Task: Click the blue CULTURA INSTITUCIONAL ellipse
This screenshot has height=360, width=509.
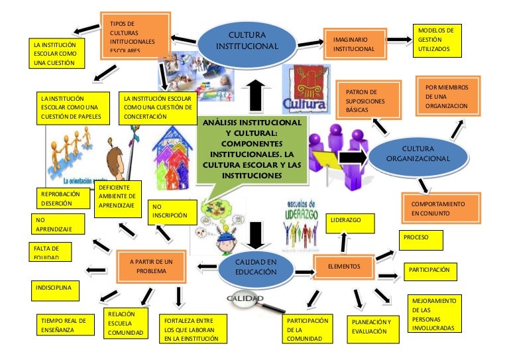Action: (x=247, y=40)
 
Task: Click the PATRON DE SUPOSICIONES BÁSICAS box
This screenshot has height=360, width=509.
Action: (x=370, y=99)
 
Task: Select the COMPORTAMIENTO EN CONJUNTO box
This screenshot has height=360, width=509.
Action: (x=441, y=208)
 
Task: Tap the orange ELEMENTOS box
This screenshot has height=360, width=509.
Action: (x=343, y=267)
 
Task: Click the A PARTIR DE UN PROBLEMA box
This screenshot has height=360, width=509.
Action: (x=150, y=267)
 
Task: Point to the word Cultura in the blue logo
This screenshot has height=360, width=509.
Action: (x=304, y=104)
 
